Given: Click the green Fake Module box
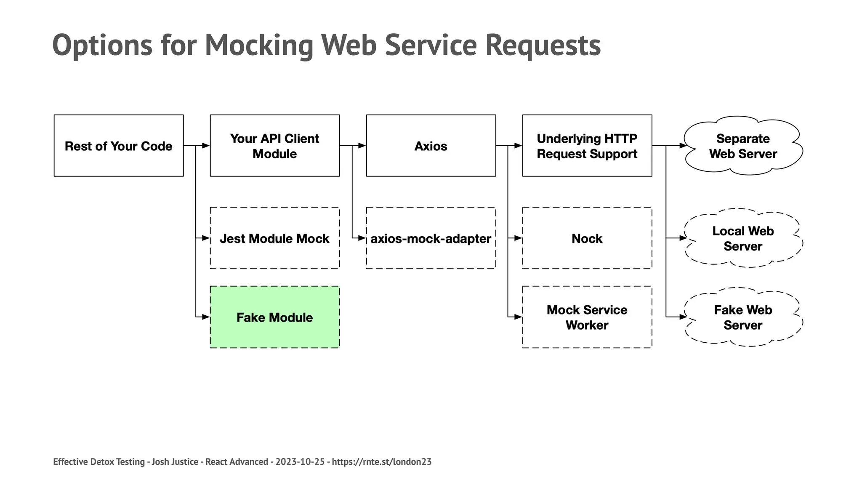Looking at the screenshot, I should click(x=274, y=317).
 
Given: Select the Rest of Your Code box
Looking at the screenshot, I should click(x=119, y=146).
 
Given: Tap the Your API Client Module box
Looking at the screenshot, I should click(x=274, y=146).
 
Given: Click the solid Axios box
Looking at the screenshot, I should click(x=431, y=146).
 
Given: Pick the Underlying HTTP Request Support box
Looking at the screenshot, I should click(x=587, y=146).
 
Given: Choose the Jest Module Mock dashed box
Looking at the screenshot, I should click(x=274, y=238).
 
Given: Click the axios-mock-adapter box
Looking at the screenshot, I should click(x=431, y=238).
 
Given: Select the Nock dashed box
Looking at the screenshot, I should click(x=587, y=238).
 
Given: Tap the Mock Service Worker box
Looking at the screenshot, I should click(x=587, y=317).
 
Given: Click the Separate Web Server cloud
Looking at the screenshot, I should click(x=743, y=146).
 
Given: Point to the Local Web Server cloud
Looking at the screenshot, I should click(x=743, y=238).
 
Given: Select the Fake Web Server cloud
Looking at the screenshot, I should click(x=743, y=317).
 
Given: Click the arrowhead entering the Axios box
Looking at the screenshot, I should click(x=362, y=146).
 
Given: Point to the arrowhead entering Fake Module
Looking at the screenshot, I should click(x=206, y=317).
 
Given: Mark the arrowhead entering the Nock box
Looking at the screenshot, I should click(x=518, y=238).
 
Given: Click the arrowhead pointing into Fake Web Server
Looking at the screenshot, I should click(x=683, y=317).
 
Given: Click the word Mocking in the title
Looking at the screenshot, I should click(x=259, y=45).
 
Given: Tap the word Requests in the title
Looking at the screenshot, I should click(x=543, y=45).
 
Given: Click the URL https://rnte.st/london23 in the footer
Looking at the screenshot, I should click(x=382, y=462).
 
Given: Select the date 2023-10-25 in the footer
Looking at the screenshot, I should click(x=300, y=462).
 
